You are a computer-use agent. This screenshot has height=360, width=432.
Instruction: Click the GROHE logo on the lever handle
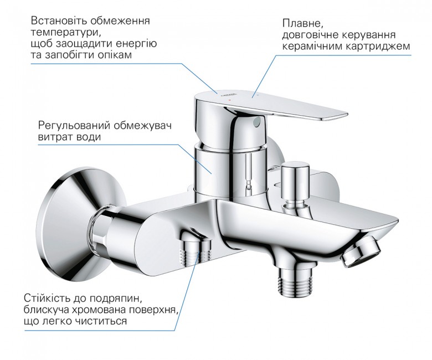pos(228,94)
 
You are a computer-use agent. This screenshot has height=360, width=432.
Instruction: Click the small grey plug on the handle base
pos(258,121)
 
